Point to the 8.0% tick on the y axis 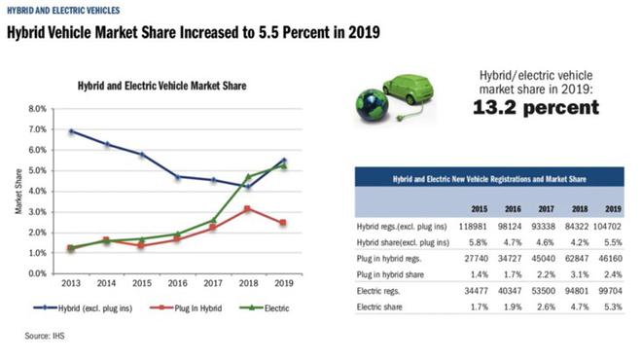(x=38, y=108)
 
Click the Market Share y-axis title (x=18, y=191)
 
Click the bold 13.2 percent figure (x=536, y=108)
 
